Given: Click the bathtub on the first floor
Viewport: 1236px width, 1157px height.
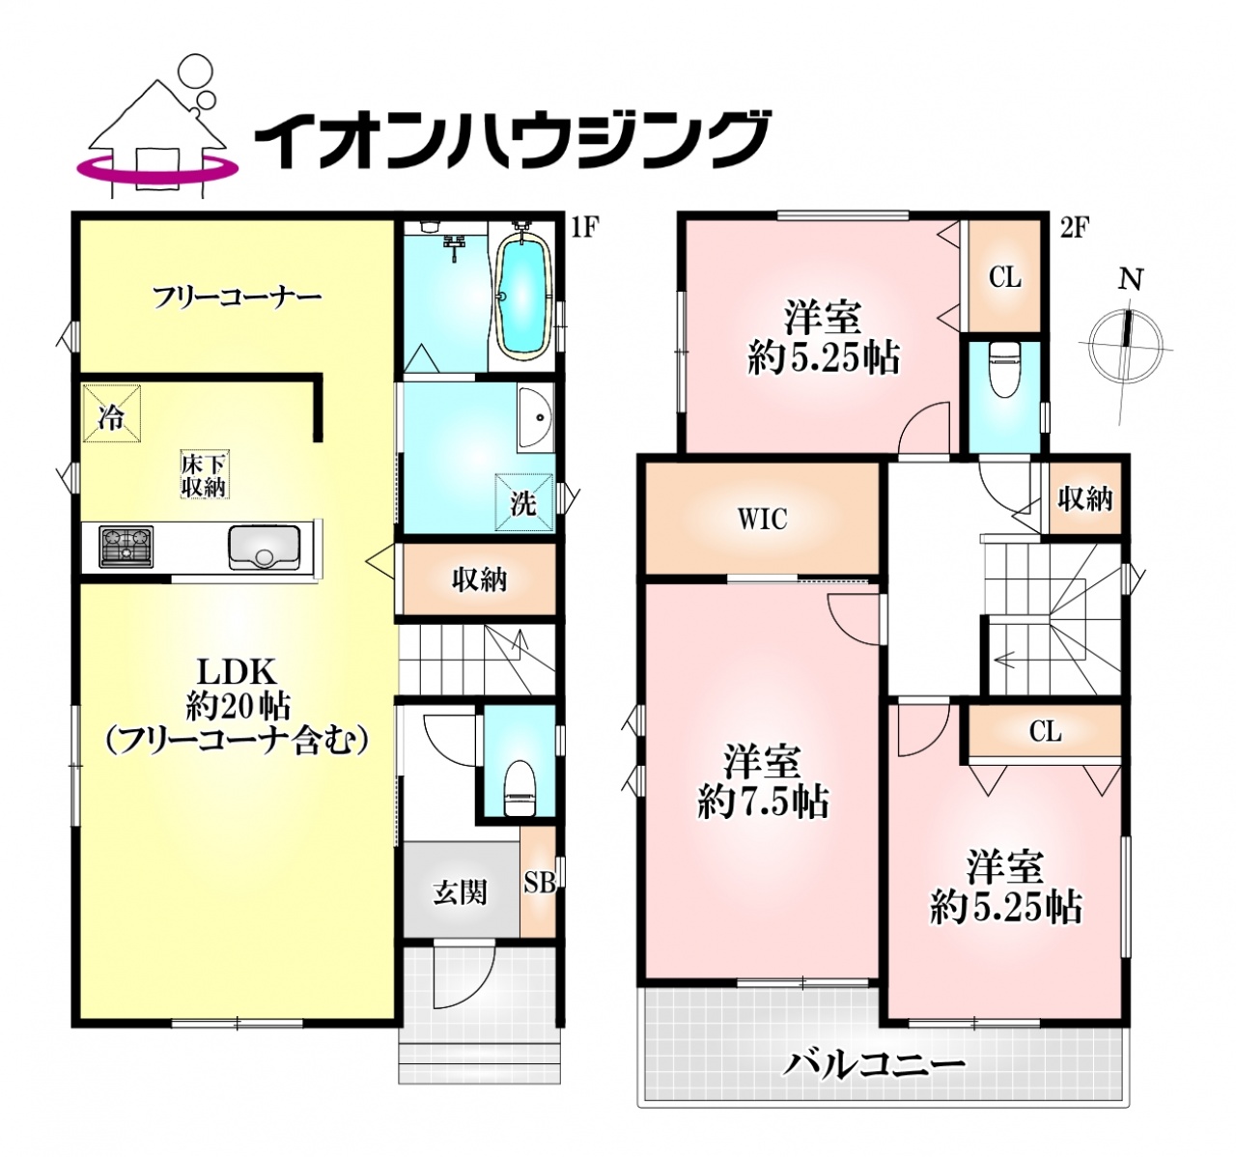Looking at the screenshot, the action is pyautogui.click(x=526, y=302).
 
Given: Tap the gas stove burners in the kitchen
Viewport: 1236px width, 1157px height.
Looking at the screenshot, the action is pyautogui.click(x=127, y=546).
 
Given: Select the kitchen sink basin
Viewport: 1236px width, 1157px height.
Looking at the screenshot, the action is pyautogui.click(x=265, y=548).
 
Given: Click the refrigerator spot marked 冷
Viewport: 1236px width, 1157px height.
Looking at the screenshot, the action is pyautogui.click(x=111, y=413).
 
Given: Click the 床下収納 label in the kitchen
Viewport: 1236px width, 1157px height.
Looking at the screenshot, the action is pyautogui.click(x=203, y=476).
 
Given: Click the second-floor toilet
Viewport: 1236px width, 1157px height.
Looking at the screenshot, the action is pyautogui.click(x=1003, y=370).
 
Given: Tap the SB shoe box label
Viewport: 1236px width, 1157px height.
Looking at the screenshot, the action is pyautogui.click(x=539, y=883).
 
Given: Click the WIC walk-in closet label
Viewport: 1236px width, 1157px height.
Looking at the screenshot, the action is pyautogui.click(x=763, y=519).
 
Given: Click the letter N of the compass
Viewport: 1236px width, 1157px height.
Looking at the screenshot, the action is pyautogui.click(x=1131, y=280).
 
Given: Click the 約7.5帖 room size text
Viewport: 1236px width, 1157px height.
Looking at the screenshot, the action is pyautogui.click(x=762, y=803).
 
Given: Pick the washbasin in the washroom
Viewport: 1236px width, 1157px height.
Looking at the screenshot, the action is pyautogui.click(x=535, y=416).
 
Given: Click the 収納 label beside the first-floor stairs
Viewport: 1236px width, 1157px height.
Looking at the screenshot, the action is pyautogui.click(x=479, y=580).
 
